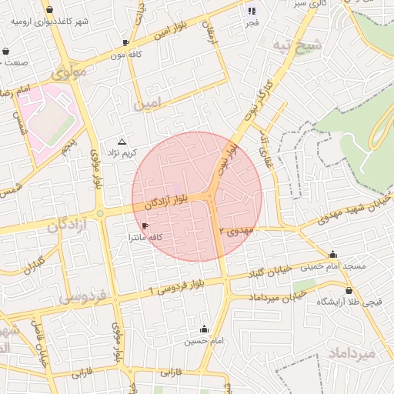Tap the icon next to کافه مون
click(x=126, y=42)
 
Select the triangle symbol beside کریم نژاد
click(x=122, y=142)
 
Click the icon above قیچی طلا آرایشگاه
click(x=349, y=291)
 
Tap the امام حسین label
click(x=204, y=340)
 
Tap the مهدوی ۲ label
click(x=235, y=230)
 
